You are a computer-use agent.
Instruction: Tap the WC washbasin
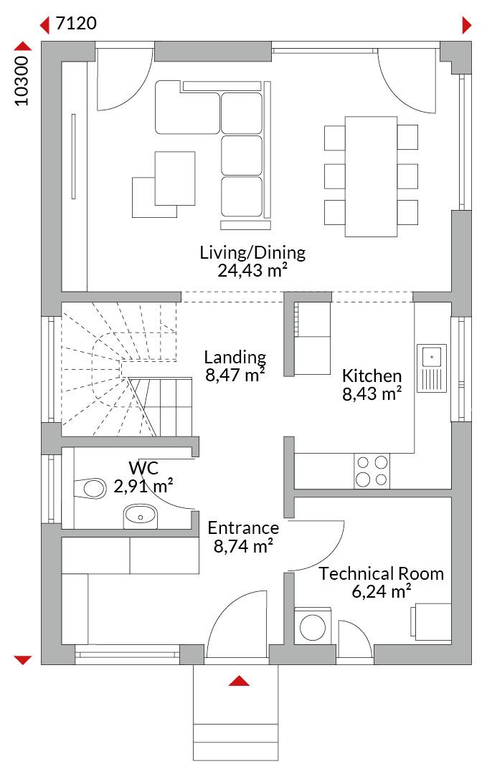[140, 516]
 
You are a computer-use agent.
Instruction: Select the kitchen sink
[432, 368]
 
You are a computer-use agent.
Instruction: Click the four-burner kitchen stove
[372, 471]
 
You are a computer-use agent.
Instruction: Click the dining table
[371, 177]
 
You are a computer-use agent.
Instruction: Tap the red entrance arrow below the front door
[239, 681]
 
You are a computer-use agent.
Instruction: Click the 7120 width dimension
[76, 23]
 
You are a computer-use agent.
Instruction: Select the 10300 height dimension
[22, 80]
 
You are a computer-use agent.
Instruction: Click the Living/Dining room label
[252, 252]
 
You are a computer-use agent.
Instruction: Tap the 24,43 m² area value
[252, 270]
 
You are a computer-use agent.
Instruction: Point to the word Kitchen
[372, 376]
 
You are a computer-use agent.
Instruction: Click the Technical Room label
[381, 573]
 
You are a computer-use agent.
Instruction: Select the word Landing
[235, 357]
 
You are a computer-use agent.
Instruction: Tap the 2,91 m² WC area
[143, 486]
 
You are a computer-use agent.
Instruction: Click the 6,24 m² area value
[382, 591]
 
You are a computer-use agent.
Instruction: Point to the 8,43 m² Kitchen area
[372, 394]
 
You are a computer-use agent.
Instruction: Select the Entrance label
[243, 528]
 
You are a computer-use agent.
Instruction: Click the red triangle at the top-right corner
[466, 24]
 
